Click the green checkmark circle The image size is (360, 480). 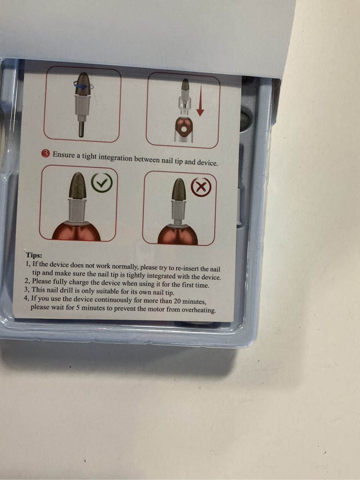pyautogui.click(x=102, y=183)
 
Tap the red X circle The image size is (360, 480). pyautogui.click(x=201, y=187)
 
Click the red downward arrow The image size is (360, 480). pyautogui.click(x=200, y=101)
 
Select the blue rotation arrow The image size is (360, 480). pyautogui.click(x=81, y=86)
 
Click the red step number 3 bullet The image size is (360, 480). pyautogui.click(x=45, y=154)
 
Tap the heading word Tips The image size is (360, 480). pyautogui.click(x=34, y=255)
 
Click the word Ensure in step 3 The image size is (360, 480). pyautogui.click(x=63, y=155)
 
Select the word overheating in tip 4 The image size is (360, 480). pyautogui.click(x=198, y=310)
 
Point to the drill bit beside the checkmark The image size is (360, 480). pyautogui.click(x=77, y=186)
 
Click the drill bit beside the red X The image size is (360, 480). pyautogui.click(x=179, y=190)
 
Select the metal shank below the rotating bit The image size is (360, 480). pyautogui.click(x=81, y=129)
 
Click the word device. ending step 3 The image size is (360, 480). pyautogui.click(x=207, y=162)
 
